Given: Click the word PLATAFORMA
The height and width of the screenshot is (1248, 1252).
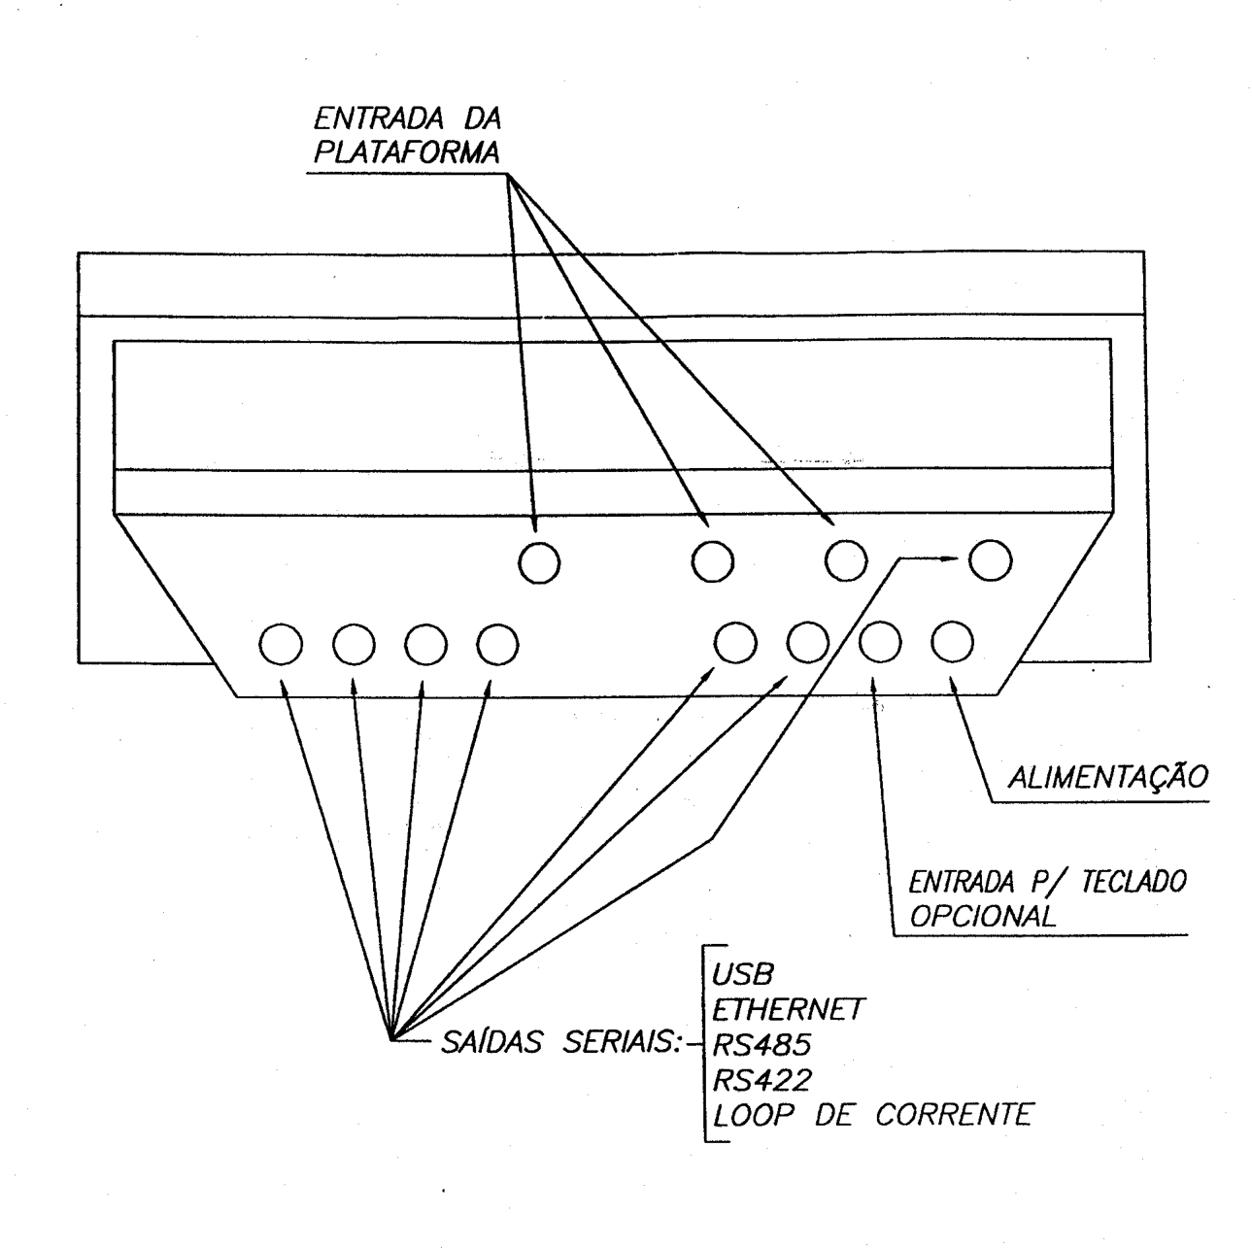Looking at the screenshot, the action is [x=407, y=152].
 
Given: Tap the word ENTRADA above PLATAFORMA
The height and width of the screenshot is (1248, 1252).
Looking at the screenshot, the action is [x=379, y=118].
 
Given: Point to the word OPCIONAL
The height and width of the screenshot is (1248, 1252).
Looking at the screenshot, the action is [x=982, y=916].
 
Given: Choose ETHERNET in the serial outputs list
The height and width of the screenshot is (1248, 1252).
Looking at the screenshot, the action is [x=788, y=1010].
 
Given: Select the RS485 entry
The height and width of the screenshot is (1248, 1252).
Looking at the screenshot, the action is [x=762, y=1045].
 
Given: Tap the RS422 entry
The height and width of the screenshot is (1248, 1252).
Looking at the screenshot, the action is [x=762, y=1080].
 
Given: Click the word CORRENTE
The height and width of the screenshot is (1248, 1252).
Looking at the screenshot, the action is [x=955, y=1116].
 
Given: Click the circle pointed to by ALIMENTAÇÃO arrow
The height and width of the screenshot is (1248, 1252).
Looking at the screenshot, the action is [x=952, y=642].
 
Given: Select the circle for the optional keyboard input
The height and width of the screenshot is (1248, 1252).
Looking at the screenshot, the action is [x=880, y=642].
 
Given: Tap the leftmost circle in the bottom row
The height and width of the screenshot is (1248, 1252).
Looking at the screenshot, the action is [x=281, y=645].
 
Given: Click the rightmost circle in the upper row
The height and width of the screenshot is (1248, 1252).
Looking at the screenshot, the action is [x=990, y=559].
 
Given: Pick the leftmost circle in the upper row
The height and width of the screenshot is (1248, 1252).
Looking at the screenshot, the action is [x=539, y=562].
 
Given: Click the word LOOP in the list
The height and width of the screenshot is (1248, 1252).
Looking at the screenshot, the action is [x=754, y=1116].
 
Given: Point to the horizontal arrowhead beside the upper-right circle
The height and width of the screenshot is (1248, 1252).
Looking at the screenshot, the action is [x=949, y=558].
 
